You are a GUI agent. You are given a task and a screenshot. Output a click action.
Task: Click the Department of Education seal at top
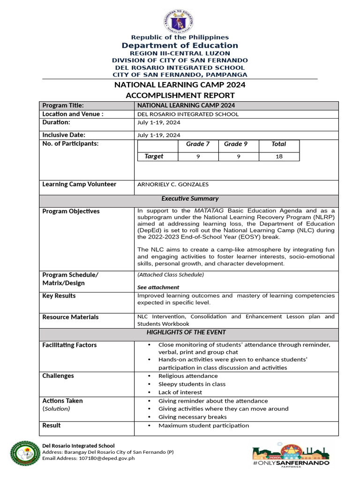[179, 21]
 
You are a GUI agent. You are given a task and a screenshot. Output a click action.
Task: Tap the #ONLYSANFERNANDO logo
[291, 455]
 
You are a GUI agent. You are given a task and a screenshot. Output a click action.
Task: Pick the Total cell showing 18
[279, 157]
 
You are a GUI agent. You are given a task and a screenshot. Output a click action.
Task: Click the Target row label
[154, 157]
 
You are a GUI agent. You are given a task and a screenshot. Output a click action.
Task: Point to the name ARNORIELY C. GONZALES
[173, 185]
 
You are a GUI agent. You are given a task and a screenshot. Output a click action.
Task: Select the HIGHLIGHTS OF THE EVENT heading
[186, 332]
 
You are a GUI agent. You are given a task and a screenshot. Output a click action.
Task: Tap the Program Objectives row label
[71, 211]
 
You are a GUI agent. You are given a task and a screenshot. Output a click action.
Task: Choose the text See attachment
[158, 287]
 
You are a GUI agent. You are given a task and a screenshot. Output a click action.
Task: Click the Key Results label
[59, 296]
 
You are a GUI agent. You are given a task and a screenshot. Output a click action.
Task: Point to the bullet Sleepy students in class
[192, 384]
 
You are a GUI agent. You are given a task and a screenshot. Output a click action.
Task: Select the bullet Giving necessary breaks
[192, 417]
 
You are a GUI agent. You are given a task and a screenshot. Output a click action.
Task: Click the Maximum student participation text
[203, 426]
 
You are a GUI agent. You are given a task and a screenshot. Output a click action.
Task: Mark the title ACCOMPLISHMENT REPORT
[180, 95]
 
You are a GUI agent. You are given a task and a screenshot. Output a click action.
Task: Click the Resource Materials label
[70, 317]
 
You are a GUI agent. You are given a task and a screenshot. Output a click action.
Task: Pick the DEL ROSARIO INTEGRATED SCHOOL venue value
[187, 114]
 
